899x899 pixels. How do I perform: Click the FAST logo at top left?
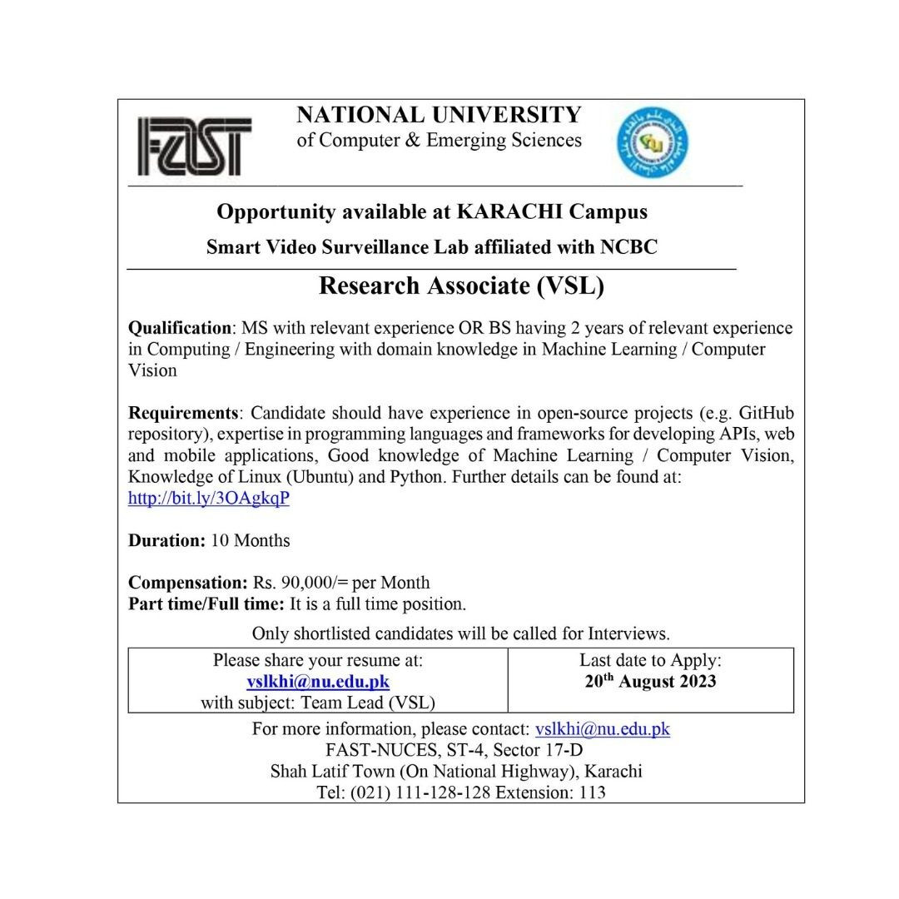click(194, 147)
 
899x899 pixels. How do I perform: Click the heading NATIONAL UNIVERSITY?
click(439, 115)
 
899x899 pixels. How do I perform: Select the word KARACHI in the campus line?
click(509, 211)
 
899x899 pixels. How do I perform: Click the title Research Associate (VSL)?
click(461, 286)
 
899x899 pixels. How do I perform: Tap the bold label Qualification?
click(179, 328)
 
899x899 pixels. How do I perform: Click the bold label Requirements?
click(183, 413)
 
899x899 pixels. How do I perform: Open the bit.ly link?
click(209, 499)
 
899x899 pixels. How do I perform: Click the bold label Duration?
click(166, 540)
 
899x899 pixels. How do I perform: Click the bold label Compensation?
click(187, 583)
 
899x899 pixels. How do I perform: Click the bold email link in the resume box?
click(318, 682)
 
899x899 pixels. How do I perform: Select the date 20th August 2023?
click(650, 682)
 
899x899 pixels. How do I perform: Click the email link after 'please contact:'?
click(602, 729)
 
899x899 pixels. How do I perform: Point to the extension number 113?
click(592, 792)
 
